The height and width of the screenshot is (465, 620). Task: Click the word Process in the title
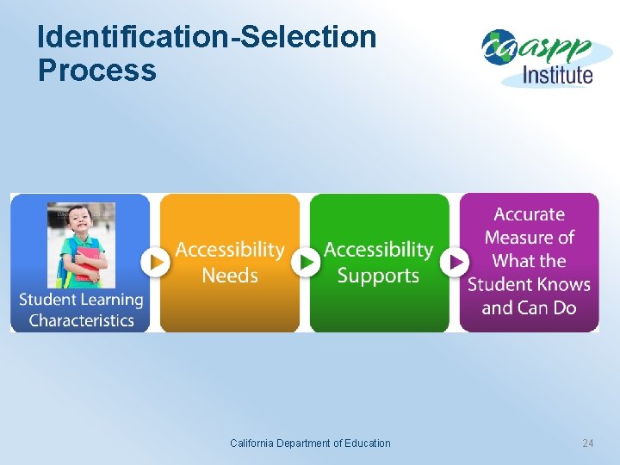point(97,70)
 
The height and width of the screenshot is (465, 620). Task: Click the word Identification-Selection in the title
point(208,37)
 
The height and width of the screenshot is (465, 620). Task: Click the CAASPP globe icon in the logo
point(498,46)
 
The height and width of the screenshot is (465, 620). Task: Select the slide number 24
point(588,443)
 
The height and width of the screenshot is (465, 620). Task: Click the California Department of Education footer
point(310,443)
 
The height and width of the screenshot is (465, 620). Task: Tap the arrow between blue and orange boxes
point(155,262)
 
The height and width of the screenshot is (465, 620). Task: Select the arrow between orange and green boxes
point(305,262)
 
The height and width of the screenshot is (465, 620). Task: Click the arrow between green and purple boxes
point(455,262)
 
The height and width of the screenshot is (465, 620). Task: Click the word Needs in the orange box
point(230,276)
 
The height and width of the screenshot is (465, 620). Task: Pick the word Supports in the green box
point(378,276)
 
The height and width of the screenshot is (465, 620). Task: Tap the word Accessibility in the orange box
point(230,250)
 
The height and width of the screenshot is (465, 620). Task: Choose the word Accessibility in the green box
point(378,250)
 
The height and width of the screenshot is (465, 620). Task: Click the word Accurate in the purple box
point(529,214)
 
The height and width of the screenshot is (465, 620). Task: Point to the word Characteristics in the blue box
point(81,320)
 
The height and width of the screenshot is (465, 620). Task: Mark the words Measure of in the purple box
point(529,238)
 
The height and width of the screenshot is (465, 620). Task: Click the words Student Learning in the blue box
point(81,300)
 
